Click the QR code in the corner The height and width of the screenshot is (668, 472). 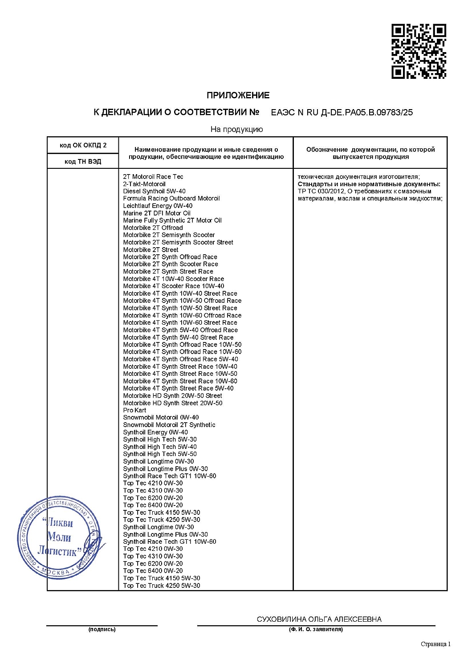coord(419,51)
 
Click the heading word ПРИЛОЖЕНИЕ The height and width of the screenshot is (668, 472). coord(238,95)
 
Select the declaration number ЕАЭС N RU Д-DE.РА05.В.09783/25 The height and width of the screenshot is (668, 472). coord(342,113)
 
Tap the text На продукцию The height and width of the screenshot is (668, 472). coord(236,130)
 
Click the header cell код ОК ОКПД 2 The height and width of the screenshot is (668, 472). coord(83,145)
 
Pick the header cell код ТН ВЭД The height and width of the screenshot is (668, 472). coord(83,161)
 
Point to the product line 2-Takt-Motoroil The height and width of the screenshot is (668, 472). coord(144,184)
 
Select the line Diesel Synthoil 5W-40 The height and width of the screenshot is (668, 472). coord(154,191)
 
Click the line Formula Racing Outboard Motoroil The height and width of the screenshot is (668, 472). coord(171,199)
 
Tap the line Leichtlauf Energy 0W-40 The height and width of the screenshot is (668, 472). coord(158,206)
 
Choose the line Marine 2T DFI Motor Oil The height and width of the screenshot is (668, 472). coord(157,213)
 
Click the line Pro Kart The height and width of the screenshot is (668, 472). coord(134,410)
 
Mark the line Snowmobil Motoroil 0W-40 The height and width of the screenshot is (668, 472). coord(161,418)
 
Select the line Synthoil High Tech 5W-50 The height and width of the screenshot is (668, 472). coord(160,454)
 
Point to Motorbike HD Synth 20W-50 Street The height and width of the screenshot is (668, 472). coord(172,395)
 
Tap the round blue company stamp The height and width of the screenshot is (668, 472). coord(59,538)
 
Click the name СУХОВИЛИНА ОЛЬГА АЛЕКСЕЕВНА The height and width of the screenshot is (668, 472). coord(319,619)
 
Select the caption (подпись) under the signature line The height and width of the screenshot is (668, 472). coord(102,629)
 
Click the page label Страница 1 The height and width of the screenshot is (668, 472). coord(435,644)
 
